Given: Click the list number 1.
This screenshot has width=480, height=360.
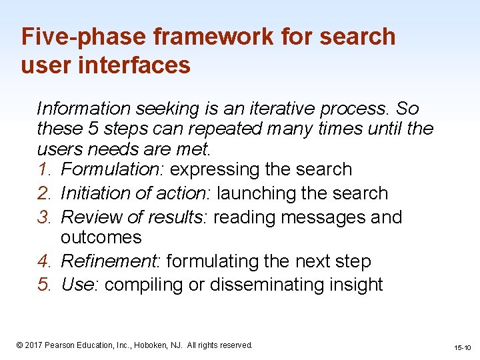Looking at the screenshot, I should (x=45, y=169).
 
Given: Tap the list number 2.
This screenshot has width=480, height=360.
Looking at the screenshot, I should (x=45, y=193).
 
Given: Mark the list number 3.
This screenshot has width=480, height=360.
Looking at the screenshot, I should (x=45, y=217).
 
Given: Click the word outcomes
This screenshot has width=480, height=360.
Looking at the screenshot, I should (x=101, y=237).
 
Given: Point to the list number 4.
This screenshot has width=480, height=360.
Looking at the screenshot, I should (x=45, y=261).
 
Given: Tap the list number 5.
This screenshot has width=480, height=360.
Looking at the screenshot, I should (x=45, y=285).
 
